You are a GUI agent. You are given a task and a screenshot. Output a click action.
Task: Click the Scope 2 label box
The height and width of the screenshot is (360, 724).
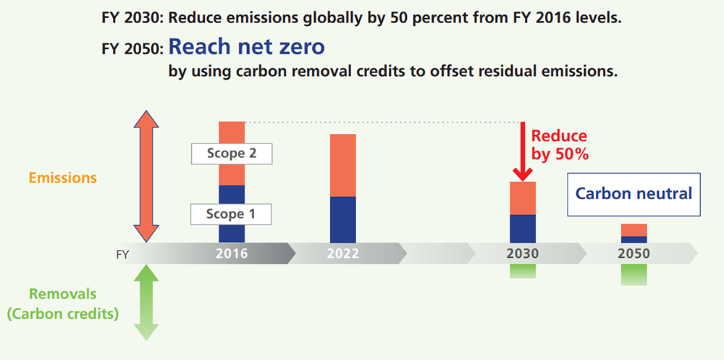coord(231,154)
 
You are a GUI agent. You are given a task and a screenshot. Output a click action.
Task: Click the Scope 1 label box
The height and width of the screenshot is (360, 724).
coord(231,214)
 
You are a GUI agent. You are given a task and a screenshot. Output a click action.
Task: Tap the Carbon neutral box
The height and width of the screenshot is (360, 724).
coord(633,194)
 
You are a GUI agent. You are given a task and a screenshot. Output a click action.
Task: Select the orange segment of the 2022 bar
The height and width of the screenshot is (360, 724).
coord(343,165)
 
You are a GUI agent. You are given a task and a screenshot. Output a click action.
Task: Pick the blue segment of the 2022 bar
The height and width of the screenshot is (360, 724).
coord(343,219)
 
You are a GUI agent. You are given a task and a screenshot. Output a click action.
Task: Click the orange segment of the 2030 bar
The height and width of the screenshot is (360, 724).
coord(523,198)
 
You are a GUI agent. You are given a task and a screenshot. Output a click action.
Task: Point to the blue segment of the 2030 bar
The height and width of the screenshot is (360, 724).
coord(523,228)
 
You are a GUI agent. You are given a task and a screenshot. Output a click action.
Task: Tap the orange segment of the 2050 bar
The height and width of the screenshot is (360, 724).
coord(634,230)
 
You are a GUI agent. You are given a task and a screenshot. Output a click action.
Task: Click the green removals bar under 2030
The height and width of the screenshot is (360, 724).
coord(523,272)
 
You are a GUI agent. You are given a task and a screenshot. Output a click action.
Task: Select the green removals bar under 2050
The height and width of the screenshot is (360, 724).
coord(634,275)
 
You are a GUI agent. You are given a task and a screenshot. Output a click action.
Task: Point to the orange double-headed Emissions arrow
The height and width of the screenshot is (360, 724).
coord(146,177)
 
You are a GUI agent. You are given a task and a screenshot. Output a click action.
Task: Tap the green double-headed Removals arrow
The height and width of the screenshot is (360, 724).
coord(146,302)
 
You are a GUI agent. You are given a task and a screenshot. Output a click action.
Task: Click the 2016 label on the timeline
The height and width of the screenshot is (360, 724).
coord(232,254)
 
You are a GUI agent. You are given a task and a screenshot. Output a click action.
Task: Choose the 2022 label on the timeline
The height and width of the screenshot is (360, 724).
coord(343,254)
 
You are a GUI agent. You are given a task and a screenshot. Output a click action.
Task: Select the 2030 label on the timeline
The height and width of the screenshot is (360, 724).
coord(523,254)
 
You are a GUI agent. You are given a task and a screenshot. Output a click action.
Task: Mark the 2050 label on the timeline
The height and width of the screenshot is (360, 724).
coord(634,254)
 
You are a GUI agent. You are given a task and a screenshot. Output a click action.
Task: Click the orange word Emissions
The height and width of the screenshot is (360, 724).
coord(64,177)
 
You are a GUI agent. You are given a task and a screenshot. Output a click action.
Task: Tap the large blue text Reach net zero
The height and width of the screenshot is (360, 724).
coord(246,49)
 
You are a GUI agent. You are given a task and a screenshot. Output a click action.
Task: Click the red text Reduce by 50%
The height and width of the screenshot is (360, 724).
coord(559,145)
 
